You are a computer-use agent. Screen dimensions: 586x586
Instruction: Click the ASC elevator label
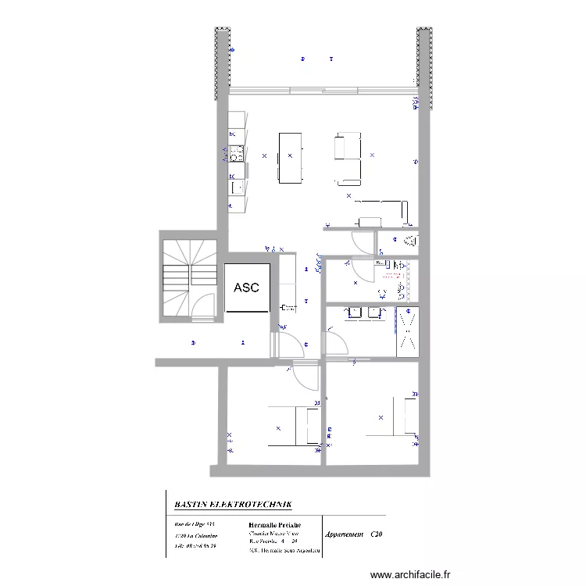246,288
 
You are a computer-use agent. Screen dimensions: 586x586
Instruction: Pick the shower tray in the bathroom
408,332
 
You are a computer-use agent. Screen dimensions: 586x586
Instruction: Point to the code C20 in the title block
377,534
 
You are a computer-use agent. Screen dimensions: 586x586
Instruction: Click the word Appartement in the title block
344,534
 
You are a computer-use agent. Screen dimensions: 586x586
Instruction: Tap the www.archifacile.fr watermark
410,573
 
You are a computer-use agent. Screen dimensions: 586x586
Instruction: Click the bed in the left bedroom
293,427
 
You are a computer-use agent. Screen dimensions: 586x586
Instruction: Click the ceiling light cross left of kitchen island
264,156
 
